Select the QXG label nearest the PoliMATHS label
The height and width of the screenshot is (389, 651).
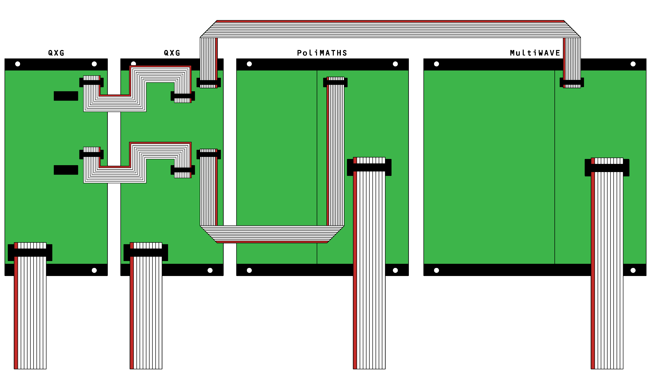172,53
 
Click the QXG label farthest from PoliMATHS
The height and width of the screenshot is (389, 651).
56,53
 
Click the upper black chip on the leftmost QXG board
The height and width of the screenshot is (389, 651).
66,96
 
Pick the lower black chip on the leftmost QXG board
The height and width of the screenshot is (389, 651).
66,170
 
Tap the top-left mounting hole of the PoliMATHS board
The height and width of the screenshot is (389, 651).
249,64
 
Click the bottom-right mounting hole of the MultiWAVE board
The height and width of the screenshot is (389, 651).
633,270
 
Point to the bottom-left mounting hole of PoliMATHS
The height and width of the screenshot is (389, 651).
249,270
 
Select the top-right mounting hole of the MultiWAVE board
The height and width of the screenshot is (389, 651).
633,64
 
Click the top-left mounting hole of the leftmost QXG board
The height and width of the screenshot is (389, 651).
18,64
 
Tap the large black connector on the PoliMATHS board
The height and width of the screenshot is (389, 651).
369,167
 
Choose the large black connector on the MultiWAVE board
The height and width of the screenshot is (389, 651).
607,168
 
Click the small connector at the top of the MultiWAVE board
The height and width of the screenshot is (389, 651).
572,82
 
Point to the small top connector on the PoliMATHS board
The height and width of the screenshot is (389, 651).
335,82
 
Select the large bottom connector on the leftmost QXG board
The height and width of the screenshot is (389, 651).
30,252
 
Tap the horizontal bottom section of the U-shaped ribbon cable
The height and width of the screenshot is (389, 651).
272,234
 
